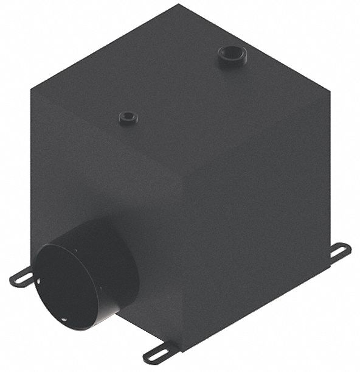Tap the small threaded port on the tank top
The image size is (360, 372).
128,118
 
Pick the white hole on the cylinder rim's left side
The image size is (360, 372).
38,281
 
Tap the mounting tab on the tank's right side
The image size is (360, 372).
339,252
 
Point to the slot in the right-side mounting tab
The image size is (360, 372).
341,251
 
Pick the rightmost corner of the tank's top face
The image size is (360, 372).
329,93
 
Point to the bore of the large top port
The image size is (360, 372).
233,54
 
